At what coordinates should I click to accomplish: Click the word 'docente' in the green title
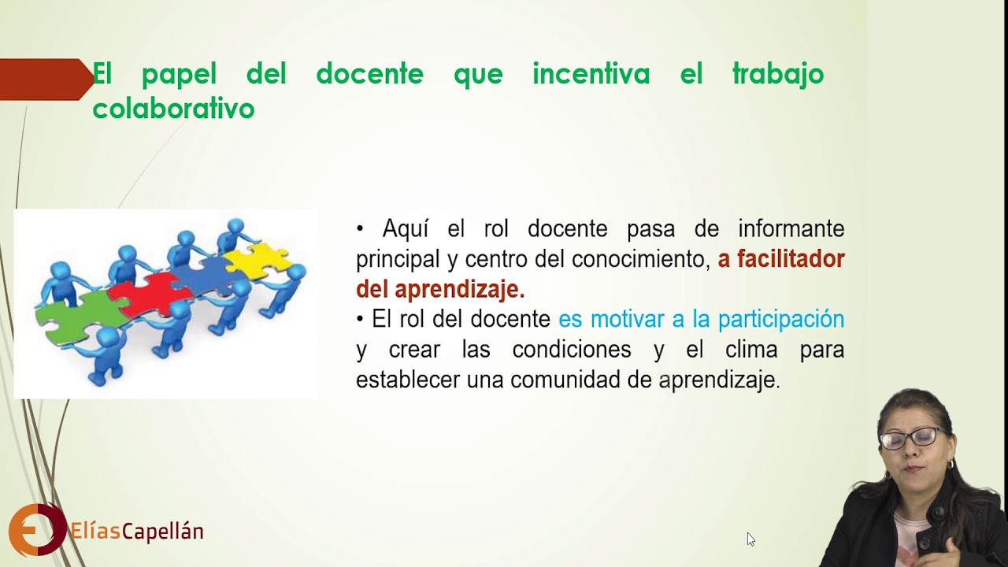[x=369, y=75]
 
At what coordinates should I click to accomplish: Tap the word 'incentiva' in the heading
[x=591, y=75]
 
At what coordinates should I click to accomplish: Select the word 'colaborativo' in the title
[x=173, y=109]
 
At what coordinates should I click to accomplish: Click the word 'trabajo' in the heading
[x=777, y=75]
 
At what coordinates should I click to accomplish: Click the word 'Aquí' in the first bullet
[x=406, y=229]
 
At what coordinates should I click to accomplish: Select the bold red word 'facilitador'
[x=780, y=259]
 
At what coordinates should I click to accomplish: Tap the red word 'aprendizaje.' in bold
[x=459, y=289]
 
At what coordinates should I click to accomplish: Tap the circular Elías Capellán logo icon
[x=36, y=530]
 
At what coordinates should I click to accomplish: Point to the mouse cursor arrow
[x=750, y=539]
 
